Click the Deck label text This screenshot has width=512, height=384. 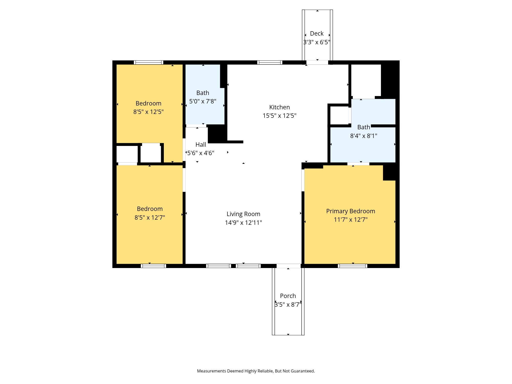tap(317, 34)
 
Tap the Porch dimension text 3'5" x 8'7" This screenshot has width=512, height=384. tap(288, 304)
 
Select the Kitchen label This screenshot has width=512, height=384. tap(279, 107)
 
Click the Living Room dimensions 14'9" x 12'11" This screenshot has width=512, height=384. tap(243, 222)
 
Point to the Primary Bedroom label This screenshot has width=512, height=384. tap(350, 211)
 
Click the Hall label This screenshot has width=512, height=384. tap(201, 144)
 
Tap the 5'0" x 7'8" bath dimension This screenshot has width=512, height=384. tap(202, 101)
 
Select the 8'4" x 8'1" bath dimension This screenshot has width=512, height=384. tap(364, 136)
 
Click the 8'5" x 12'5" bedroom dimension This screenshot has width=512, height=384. tap(148, 112)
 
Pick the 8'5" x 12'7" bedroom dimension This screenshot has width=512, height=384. tap(150, 217)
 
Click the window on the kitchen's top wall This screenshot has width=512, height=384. tap(270, 62)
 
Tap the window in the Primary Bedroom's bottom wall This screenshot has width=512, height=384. tap(353, 266)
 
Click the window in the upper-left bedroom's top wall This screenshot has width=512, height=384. tap(148, 62)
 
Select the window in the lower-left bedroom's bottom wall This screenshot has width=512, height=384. tap(153, 266)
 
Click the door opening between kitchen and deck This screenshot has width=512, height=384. tap(317, 62)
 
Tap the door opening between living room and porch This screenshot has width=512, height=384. tap(289, 266)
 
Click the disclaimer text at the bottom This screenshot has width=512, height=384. tap(256, 371)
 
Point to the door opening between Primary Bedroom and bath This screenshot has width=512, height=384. tap(358, 164)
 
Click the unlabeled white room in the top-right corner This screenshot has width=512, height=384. tap(366, 80)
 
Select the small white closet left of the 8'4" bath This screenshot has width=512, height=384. tap(339, 115)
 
